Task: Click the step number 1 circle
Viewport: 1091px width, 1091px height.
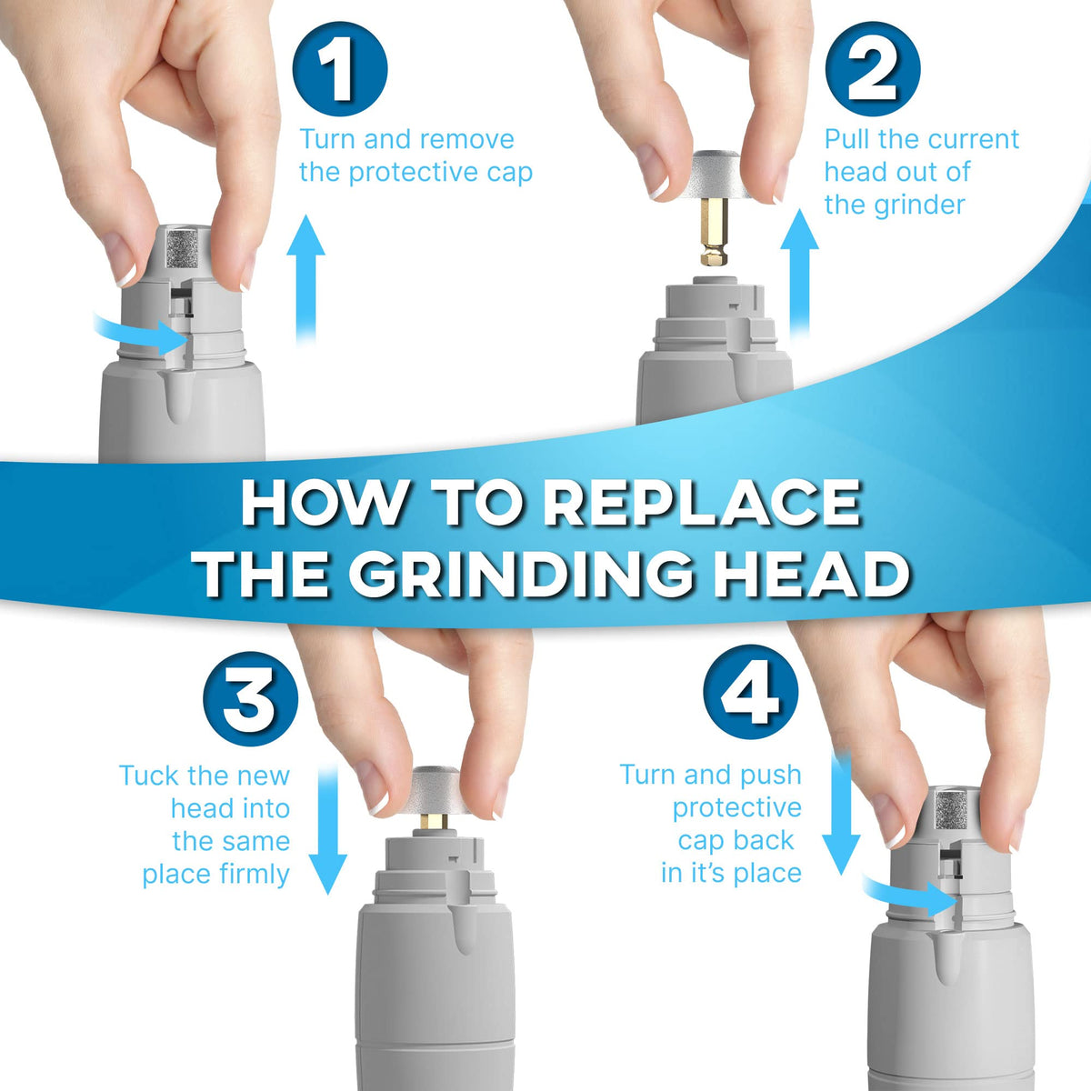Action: click(340, 70)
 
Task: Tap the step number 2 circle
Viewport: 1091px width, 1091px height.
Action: click(873, 69)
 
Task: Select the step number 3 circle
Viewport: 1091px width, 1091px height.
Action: click(251, 698)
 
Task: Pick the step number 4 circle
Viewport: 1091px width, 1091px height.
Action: click(751, 693)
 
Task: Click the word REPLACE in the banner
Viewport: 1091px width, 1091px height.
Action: click(702, 504)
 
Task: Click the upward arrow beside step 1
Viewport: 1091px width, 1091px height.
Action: click(305, 280)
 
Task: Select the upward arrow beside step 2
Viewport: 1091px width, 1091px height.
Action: click(799, 275)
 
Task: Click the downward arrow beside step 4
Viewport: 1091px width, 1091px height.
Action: click(841, 814)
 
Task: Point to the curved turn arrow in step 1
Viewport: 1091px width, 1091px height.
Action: click(139, 334)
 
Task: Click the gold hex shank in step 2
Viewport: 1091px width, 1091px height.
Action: click(714, 233)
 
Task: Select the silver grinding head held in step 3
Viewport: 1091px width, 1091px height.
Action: click(436, 791)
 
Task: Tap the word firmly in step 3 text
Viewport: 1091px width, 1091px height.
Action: click(255, 875)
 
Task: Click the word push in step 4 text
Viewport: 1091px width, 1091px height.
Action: click(771, 776)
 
